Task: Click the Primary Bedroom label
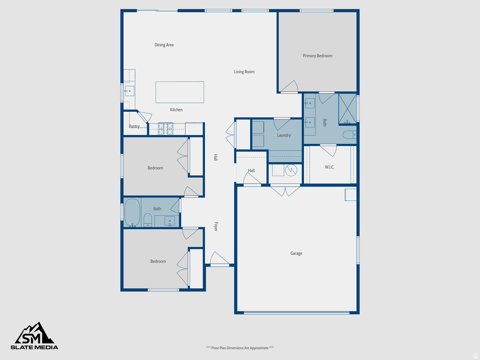[317, 56]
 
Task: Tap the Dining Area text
[164, 45]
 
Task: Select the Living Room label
[244, 72]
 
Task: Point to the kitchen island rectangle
[180, 92]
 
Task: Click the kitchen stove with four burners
[165, 128]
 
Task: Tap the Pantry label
[134, 126]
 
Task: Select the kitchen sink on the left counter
[129, 91]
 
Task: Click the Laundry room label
[284, 135]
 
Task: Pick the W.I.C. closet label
[330, 167]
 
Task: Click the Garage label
[296, 253]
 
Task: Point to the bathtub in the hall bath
[132, 212]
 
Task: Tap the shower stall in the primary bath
[347, 108]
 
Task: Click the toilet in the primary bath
[349, 135]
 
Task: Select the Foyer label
[216, 226]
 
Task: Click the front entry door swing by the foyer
[219, 259]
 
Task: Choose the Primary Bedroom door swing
[289, 86]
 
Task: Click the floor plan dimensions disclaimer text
[240, 348]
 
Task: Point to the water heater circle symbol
[291, 170]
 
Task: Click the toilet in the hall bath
[147, 219]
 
